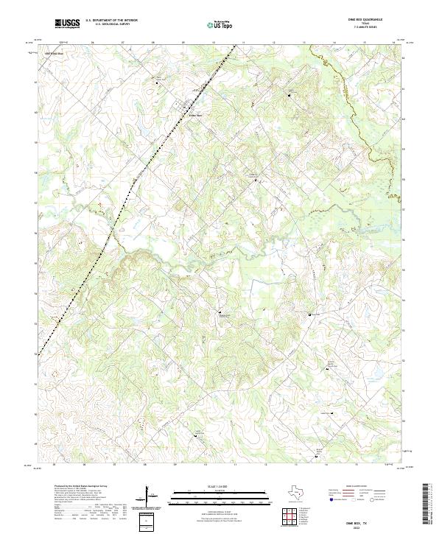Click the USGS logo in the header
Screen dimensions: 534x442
coord(68,24)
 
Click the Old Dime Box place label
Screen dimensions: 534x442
coord(55,54)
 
